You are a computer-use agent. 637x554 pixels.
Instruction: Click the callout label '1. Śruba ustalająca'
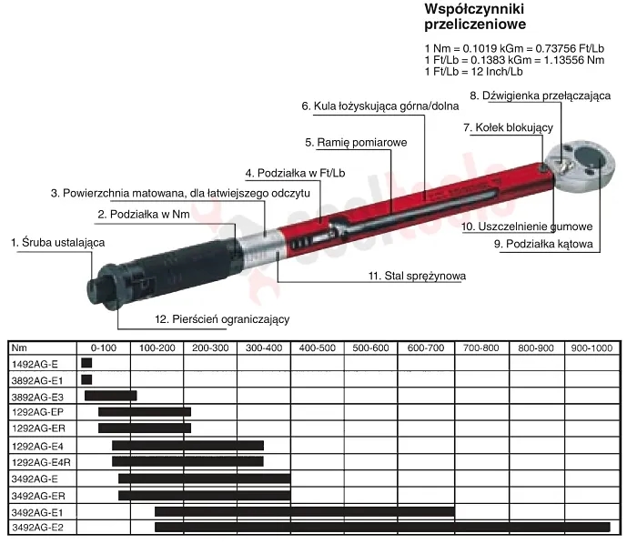point(57,243)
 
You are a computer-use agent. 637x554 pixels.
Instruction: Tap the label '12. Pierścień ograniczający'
point(222,319)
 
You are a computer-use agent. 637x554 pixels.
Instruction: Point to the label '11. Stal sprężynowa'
point(417,277)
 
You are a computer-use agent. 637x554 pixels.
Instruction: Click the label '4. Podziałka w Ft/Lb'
point(295,173)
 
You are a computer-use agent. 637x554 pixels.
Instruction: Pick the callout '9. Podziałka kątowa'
point(543,244)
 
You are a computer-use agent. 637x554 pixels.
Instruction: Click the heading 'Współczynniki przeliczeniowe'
point(475,16)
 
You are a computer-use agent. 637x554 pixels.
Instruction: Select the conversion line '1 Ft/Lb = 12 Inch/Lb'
point(474,72)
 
